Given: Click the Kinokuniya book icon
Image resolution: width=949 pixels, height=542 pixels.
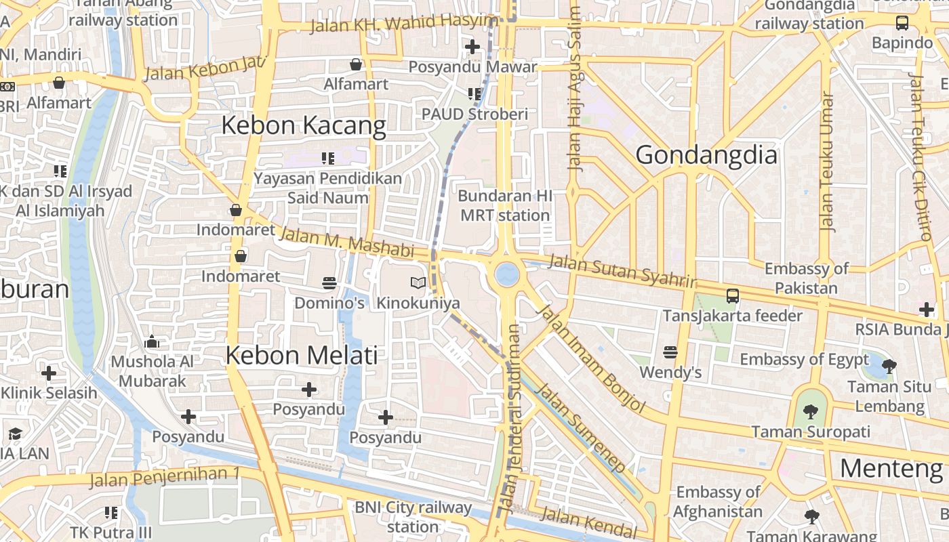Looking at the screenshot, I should pyautogui.click(x=418, y=283).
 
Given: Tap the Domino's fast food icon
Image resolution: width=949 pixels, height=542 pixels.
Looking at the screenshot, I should pyautogui.click(x=329, y=283).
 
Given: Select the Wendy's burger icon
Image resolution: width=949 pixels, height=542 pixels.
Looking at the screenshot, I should pyautogui.click(x=670, y=352).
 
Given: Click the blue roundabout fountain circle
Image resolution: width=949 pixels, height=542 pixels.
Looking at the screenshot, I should pyautogui.click(x=506, y=274).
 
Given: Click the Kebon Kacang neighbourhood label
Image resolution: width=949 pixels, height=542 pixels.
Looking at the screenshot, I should pyautogui.click(x=304, y=125).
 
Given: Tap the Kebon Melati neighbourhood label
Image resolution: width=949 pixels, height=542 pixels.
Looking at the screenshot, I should pyautogui.click(x=301, y=355).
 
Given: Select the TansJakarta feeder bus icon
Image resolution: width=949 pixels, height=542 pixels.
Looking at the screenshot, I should pyautogui.click(x=732, y=296).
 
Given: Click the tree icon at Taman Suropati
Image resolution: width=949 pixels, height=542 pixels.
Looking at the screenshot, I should pyautogui.click(x=810, y=411).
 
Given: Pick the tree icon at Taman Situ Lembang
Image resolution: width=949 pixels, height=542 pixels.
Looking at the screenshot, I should pyautogui.click(x=889, y=367).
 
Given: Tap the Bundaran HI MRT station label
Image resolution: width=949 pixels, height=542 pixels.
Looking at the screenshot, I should pyautogui.click(x=505, y=206).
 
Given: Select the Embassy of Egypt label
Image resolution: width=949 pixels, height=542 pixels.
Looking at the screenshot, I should pyautogui.click(x=804, y=359).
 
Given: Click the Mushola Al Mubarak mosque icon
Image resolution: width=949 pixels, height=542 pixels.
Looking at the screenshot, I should pyautogui.click(x=152, y=342).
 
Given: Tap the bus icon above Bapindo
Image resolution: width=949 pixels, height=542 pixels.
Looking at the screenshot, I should pyautogui.click(x=902, y=22).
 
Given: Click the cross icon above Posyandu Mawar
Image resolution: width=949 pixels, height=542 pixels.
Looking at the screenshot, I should pyautogui.click(x=472, y=47).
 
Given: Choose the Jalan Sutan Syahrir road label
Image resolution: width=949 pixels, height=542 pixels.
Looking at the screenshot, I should pyautogui.click(x=622, y=270).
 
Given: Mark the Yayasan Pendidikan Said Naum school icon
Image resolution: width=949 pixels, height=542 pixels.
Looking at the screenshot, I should pyautogui.click(x=328, y=159).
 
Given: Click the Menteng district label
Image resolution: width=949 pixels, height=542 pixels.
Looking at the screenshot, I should pyautogui.click(x=891, y=468).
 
